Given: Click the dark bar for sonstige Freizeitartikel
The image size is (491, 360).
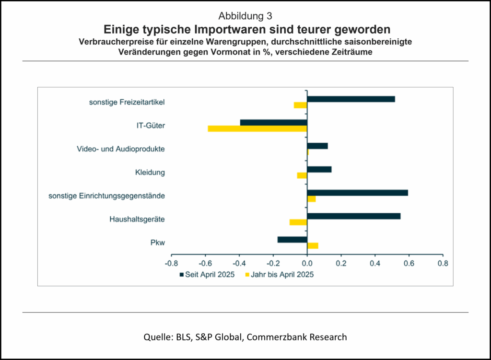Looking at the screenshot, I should (x=351, y=99).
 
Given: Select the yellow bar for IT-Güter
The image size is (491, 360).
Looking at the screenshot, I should (x=257, y=128).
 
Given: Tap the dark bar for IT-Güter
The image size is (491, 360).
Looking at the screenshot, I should (x=273, y=122).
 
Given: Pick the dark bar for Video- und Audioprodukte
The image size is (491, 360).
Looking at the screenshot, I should (x=317, y=146).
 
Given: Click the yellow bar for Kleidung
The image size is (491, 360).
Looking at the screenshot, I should (x=302, y=175).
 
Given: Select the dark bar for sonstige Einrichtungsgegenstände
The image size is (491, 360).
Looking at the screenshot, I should (x=357, y=193).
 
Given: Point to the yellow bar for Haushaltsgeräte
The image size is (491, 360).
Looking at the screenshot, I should (x=298, y=222).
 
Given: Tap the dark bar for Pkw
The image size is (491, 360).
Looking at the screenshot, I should (x=292, y=240).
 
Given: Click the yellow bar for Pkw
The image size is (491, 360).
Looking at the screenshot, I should (x=313, y=246).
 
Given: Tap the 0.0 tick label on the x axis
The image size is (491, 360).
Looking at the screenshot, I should (x=307, y=263).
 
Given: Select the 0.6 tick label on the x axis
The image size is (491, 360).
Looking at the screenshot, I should (x=409, y=263).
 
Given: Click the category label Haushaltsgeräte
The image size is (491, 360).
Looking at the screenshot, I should (x=137, y=219).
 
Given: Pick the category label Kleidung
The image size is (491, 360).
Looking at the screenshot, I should (x=150, y=172).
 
